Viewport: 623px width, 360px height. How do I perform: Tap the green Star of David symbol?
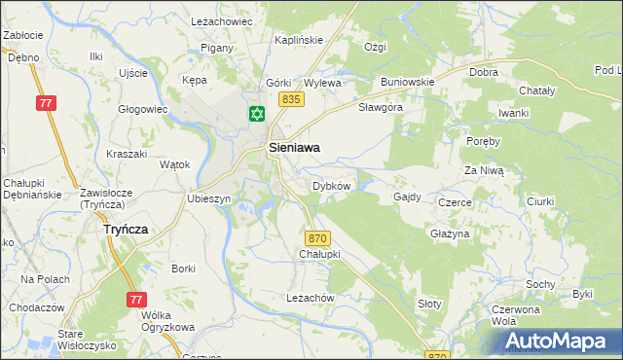pyautogui.click(x=257, y=115)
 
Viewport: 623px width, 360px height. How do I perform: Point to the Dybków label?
pyautogui.click(x=331, y=185)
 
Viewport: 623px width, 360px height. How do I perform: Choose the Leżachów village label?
pyautogui.click(x=311, y=297)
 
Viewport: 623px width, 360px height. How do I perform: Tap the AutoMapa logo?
pyautogui.click(x=560, y=342)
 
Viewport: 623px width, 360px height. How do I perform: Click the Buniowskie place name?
pyautogui.click(x=407, y=82)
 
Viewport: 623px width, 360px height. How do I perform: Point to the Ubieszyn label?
pyautogui.click(x=208, y=198)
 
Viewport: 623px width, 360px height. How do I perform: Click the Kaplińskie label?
pyautogui.click(x=298, y=40)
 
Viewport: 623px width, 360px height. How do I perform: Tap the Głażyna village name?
pyautogui.click(x=450, y=234)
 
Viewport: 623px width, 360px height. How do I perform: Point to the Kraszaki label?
pyautogui.click(x=127, y=154)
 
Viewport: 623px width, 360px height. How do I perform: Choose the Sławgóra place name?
pyautogui.click(x=381, y=107)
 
